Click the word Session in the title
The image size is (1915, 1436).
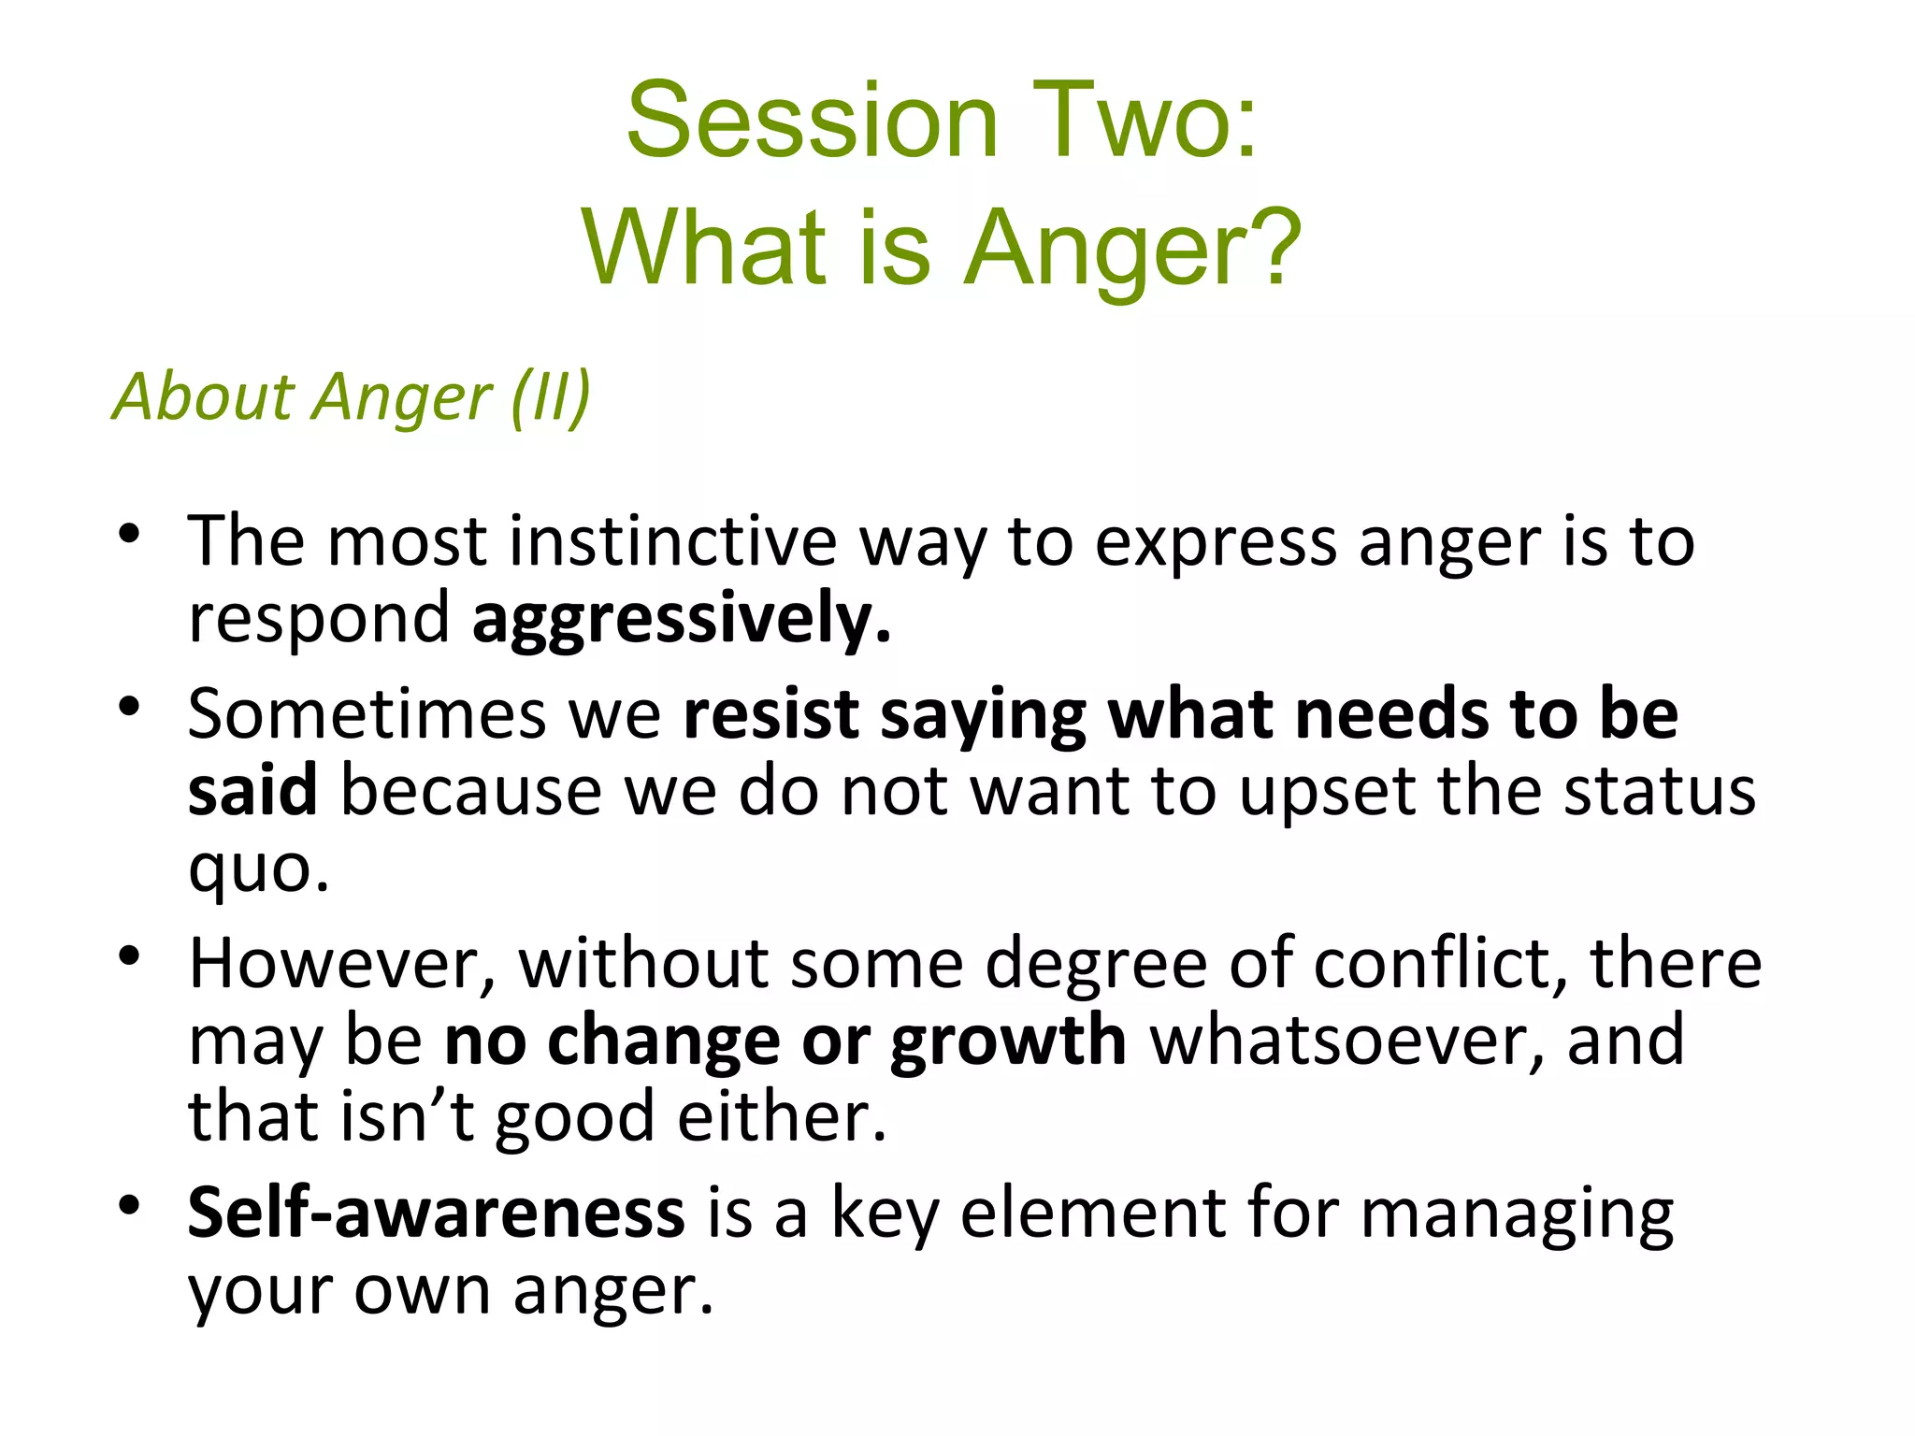coord(812,122)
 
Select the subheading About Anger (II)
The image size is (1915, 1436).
coord(352,397)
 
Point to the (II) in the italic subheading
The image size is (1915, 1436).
coord(551,397)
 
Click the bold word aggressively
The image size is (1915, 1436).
coord(681,620)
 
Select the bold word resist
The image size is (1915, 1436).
coord(770,715)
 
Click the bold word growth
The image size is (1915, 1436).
coord(1008,1041)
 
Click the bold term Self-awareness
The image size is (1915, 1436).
coord(436,1213)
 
